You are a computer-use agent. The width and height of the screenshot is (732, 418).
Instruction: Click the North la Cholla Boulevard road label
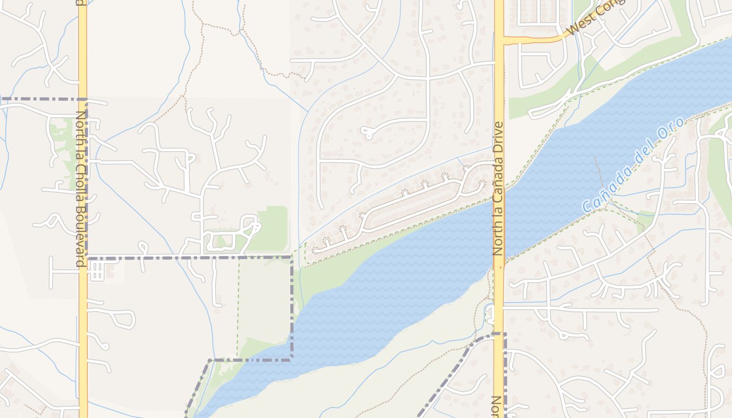click(80, 189)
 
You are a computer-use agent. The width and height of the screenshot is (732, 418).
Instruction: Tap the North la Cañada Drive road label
click(498, 189)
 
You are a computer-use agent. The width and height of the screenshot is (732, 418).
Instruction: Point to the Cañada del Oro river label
click(633, 165)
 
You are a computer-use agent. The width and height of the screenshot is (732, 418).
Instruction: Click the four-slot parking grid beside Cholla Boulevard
click(96, 271)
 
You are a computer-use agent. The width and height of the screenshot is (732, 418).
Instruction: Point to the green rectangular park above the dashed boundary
click(272, 228)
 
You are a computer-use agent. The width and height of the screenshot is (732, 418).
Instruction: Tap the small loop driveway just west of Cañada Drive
click(490, 314)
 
